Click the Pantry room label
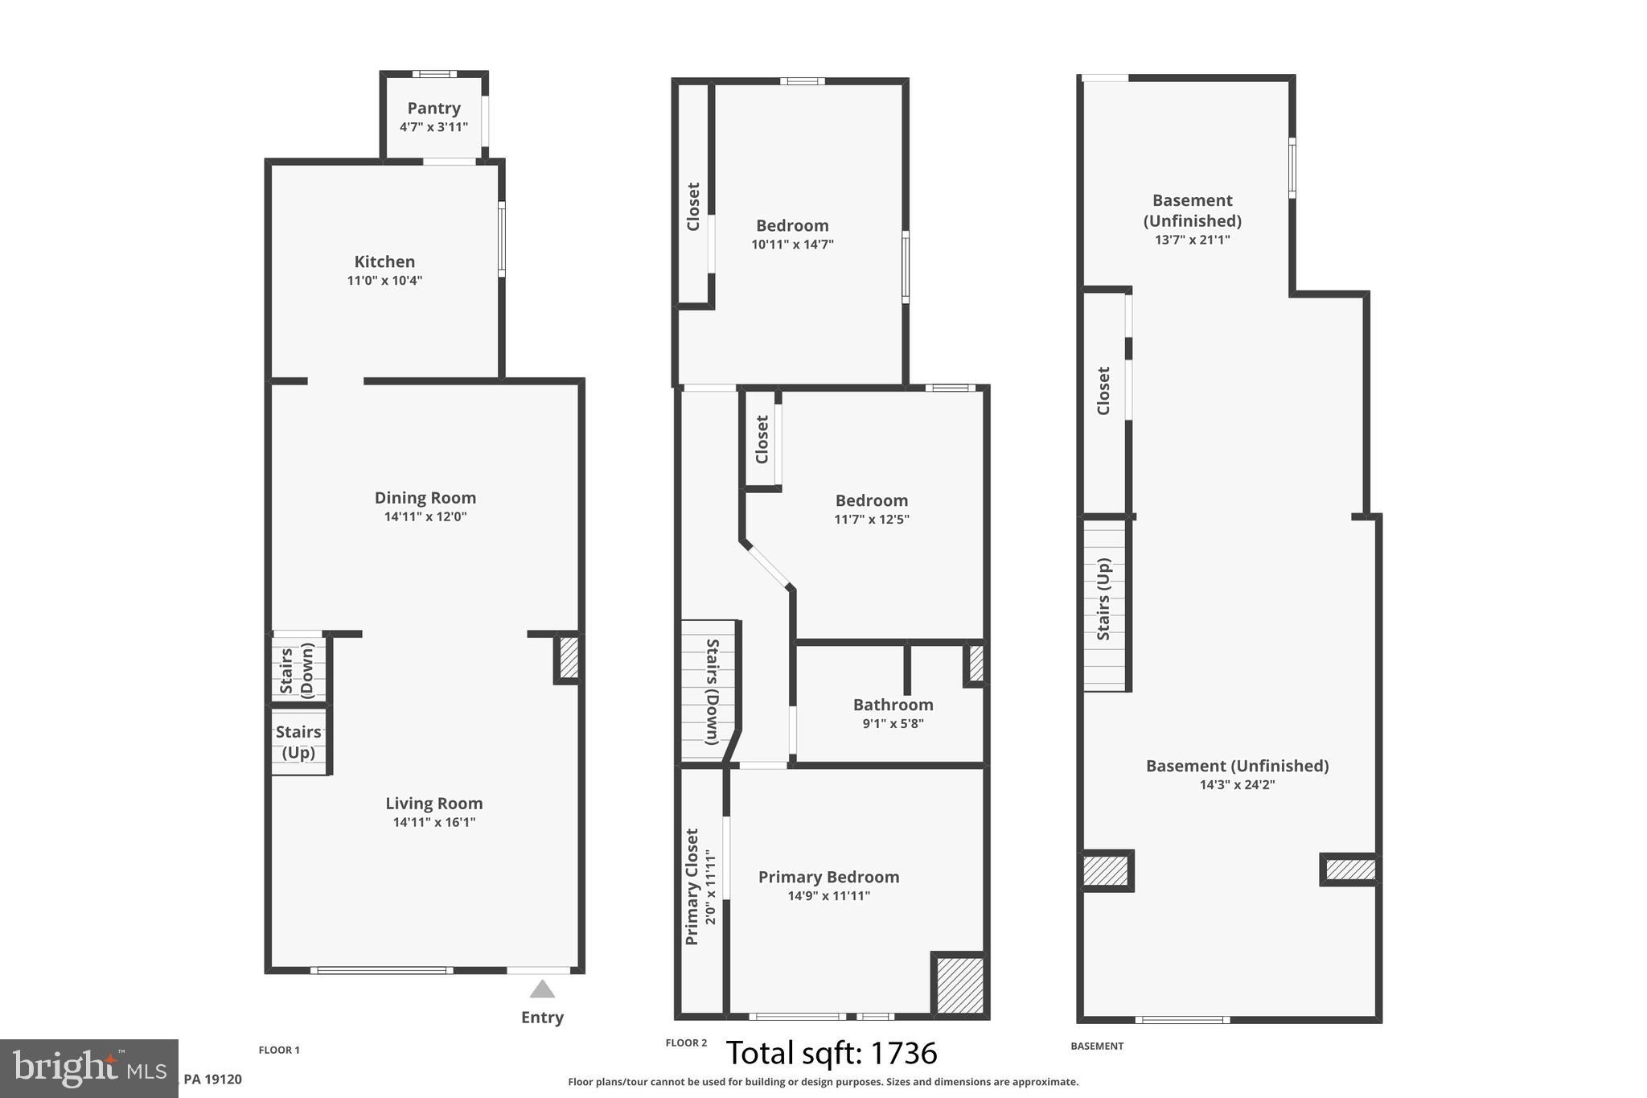[x=433, y=108]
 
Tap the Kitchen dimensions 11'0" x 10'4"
[x=384, y=281]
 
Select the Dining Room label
[x=425, y=497]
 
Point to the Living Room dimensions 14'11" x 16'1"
[x=433, y=822]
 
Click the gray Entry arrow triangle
[x=542, y=989]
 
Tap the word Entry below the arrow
[x=542, y=1018]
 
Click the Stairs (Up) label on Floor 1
[x=298, y=742]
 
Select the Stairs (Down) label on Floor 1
[x=296, y=669]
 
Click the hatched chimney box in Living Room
[x=568, y=658]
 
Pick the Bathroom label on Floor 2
[x=893, y=705]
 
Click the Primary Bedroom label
[x=828, y=877]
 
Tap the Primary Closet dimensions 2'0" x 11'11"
[x=710, y=887]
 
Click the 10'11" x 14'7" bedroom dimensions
[x=792, y=245]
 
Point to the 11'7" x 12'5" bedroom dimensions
[x=871, y=520]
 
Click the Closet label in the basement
[x=1103, y=391]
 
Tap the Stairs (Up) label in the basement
[x=1103, y=600]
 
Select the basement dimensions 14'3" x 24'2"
[x=1237, y=785]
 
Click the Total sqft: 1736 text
[x=831, y=1053]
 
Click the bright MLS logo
[x=88, y=1068]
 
